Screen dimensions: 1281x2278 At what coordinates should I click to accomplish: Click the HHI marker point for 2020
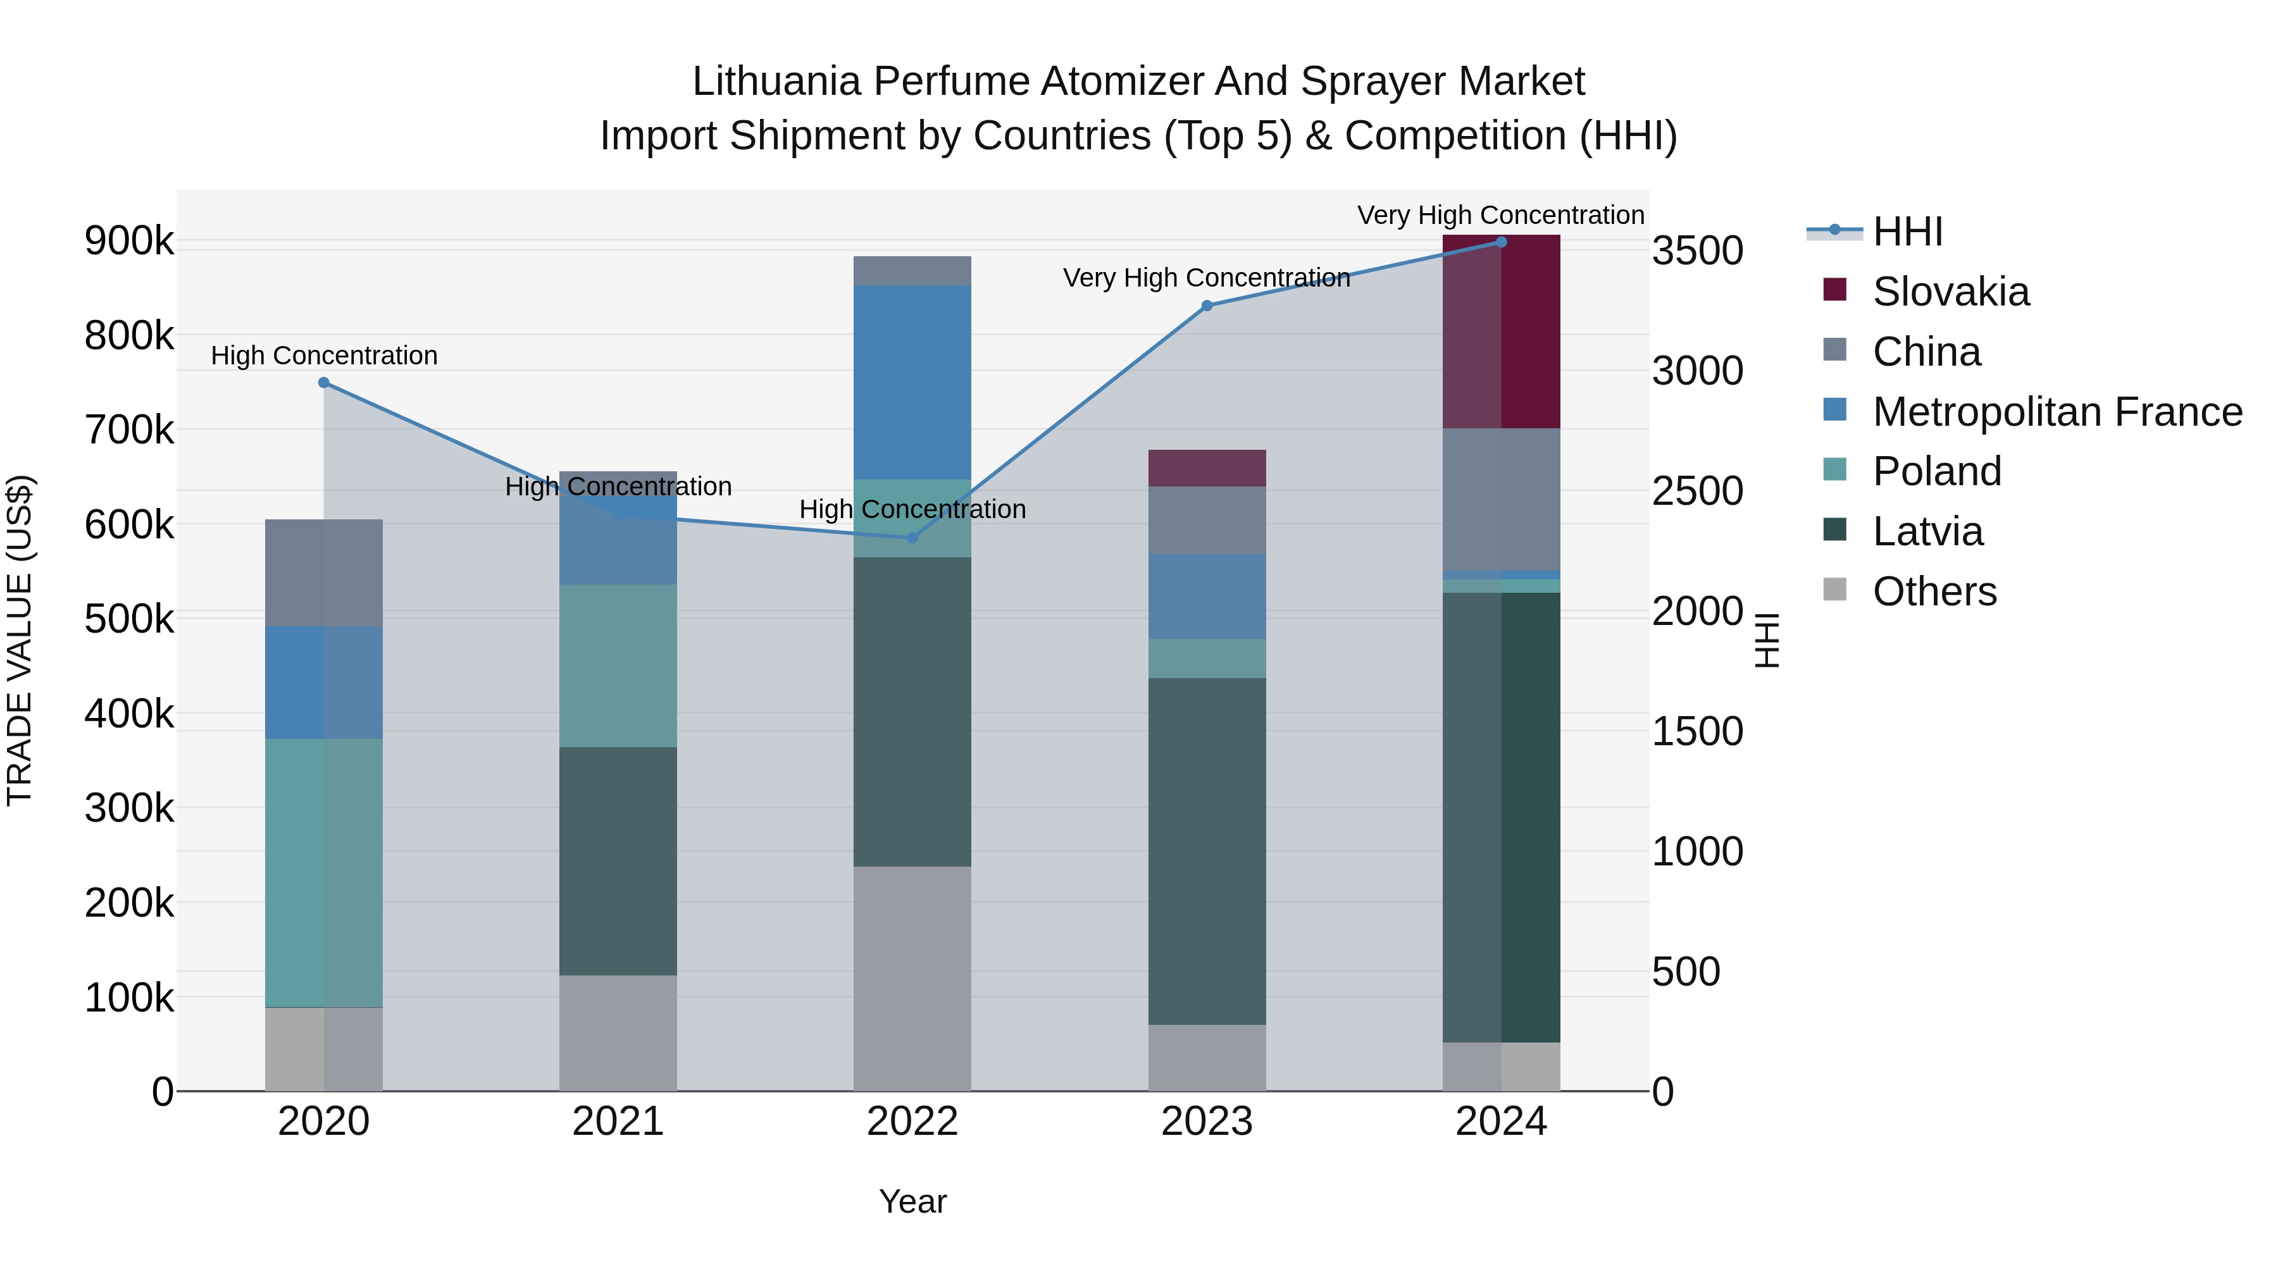pos(323,383)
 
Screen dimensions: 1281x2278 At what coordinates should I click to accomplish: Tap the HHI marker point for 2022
pos(912,538)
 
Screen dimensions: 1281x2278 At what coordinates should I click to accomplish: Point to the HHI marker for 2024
pos(1501,242)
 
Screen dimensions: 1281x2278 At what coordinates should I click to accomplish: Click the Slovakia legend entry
pos(1950,292)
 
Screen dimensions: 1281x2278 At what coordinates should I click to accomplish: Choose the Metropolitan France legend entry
pos(2056,412)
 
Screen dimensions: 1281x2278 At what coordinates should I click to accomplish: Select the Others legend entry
pos(1934,591)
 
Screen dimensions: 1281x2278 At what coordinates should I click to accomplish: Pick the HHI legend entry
pos(1907,232)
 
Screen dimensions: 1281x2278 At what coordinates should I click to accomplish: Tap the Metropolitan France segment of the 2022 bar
pos(912,382)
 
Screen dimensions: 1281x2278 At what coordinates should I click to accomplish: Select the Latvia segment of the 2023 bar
pos(1206,850)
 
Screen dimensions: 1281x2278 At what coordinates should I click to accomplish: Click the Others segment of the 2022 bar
pos(912,978)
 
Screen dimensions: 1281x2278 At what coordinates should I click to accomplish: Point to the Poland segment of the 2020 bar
pos(323,872)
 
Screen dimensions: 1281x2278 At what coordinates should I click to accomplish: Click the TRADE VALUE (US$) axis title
pos(20,640)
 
